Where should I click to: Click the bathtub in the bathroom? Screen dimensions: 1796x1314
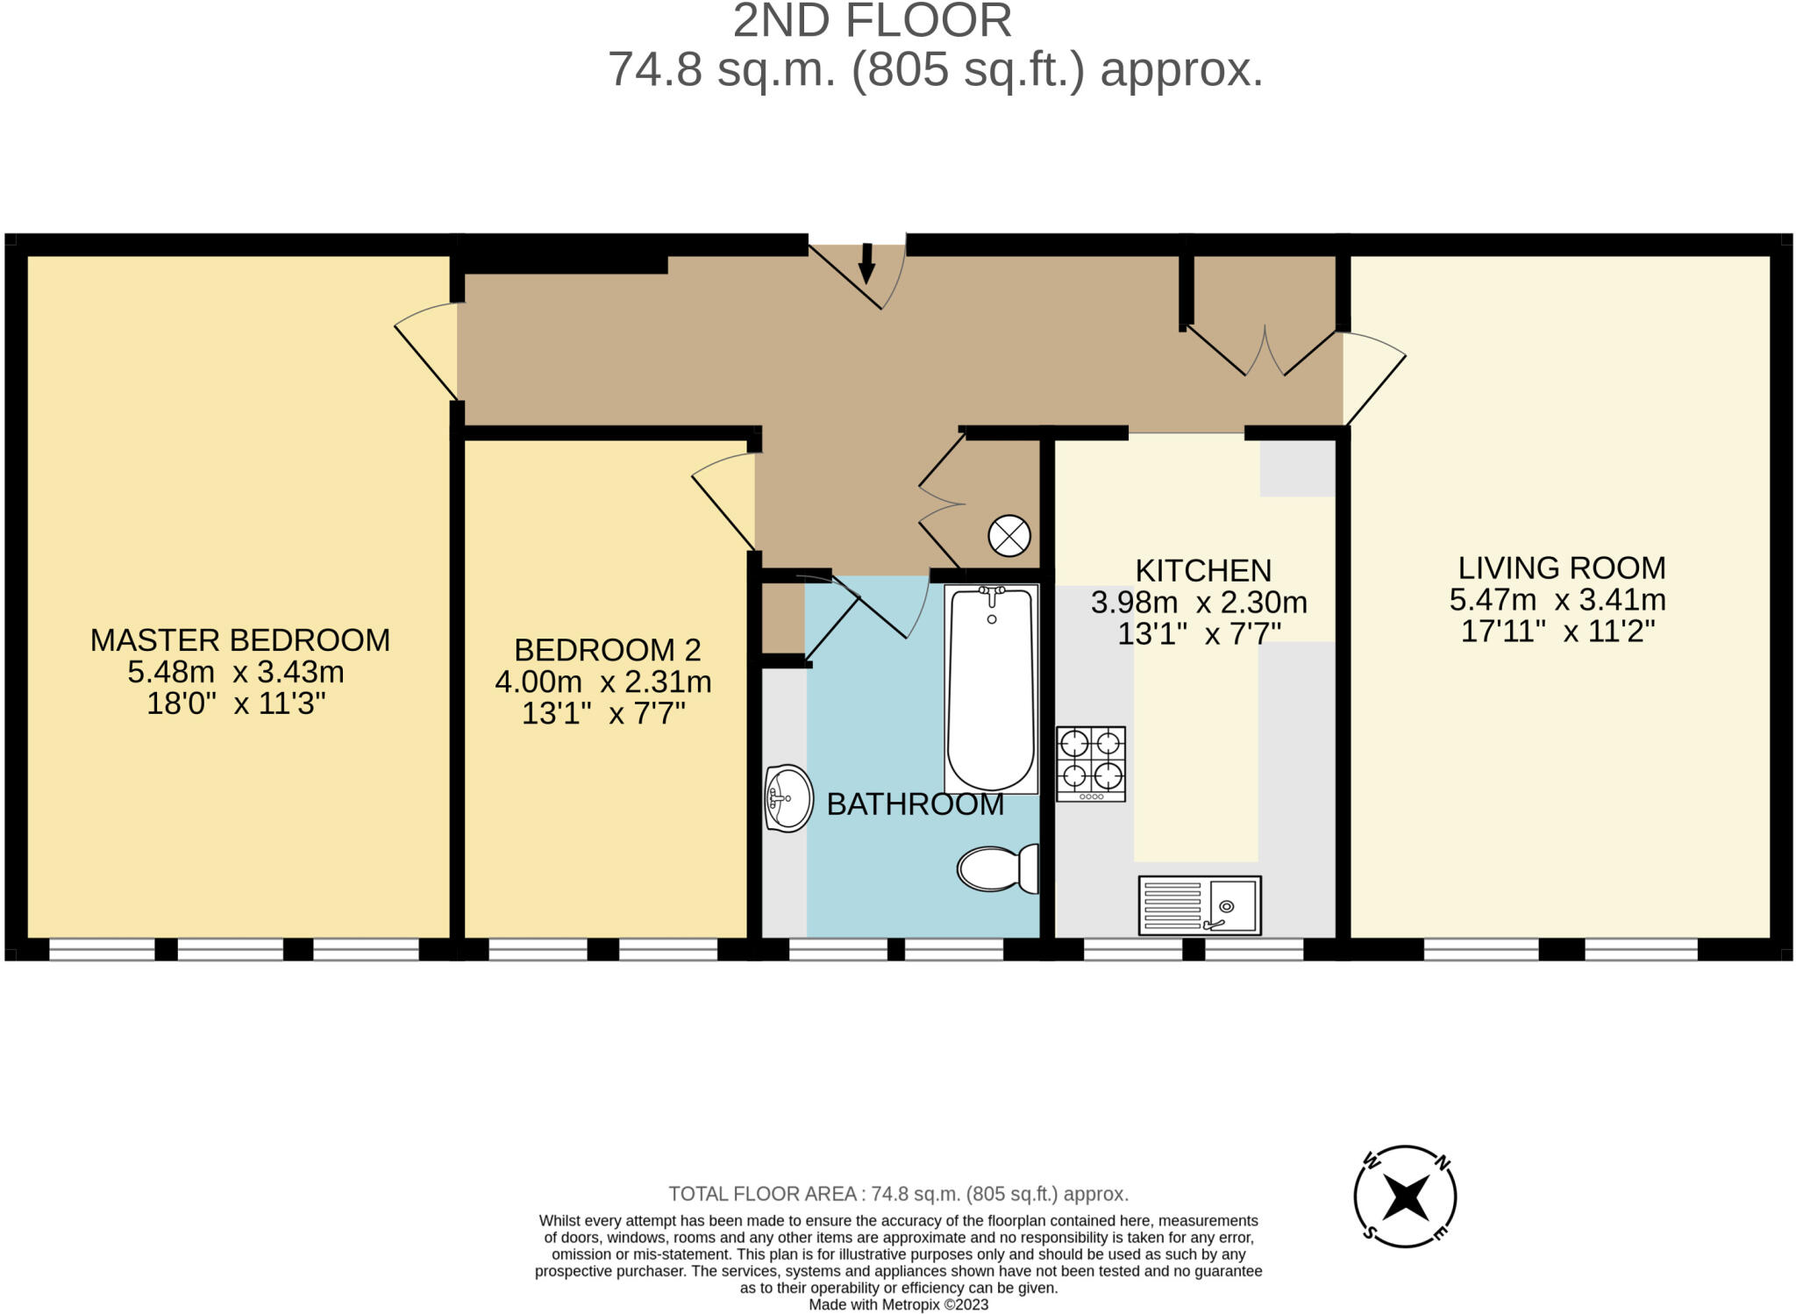[991, 689]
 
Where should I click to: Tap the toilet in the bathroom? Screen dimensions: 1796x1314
[998, 868]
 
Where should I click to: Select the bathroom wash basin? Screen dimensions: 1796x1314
[788, 797]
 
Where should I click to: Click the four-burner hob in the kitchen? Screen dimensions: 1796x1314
[1091, 763]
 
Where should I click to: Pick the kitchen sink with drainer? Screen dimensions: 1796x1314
[1200, 905]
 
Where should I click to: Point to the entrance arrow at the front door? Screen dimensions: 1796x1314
[866, 263]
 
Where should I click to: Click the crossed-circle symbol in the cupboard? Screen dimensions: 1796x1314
[1009, 535]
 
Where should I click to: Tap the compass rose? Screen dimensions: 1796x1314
[1405, 1196]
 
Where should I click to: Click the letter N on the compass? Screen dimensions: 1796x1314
[1442, 1163]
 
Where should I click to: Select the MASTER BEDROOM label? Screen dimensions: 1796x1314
[240, 640]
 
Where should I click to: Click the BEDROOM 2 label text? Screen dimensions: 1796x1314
[608, 650]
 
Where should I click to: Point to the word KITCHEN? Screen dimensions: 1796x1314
[1203, 571]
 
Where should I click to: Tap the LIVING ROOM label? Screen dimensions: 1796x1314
[1562, 568]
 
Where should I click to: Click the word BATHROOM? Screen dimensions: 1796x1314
[916, 804]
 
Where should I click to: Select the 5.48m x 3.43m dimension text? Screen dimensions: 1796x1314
[236, 673]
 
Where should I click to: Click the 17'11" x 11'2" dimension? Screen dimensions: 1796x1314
[1558, 632]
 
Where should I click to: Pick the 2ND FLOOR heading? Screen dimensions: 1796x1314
[873, 21]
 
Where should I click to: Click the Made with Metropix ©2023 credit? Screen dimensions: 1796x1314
[899, 1304]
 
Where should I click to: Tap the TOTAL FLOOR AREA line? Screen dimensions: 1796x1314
[899, 1194]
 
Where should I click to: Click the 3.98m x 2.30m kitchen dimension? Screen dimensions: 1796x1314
[1199, 603]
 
